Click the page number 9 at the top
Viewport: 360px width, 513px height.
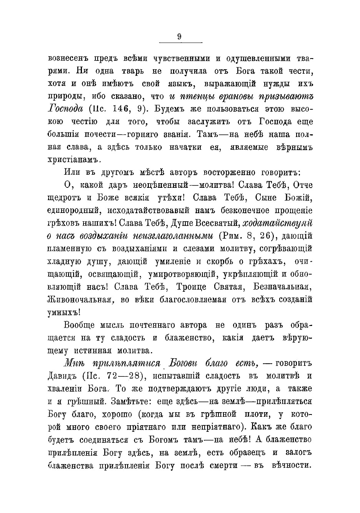tap(180, 37)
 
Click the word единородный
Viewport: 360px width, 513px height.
tap(75, 210)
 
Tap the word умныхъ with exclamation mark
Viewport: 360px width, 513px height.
tap(65, 312)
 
